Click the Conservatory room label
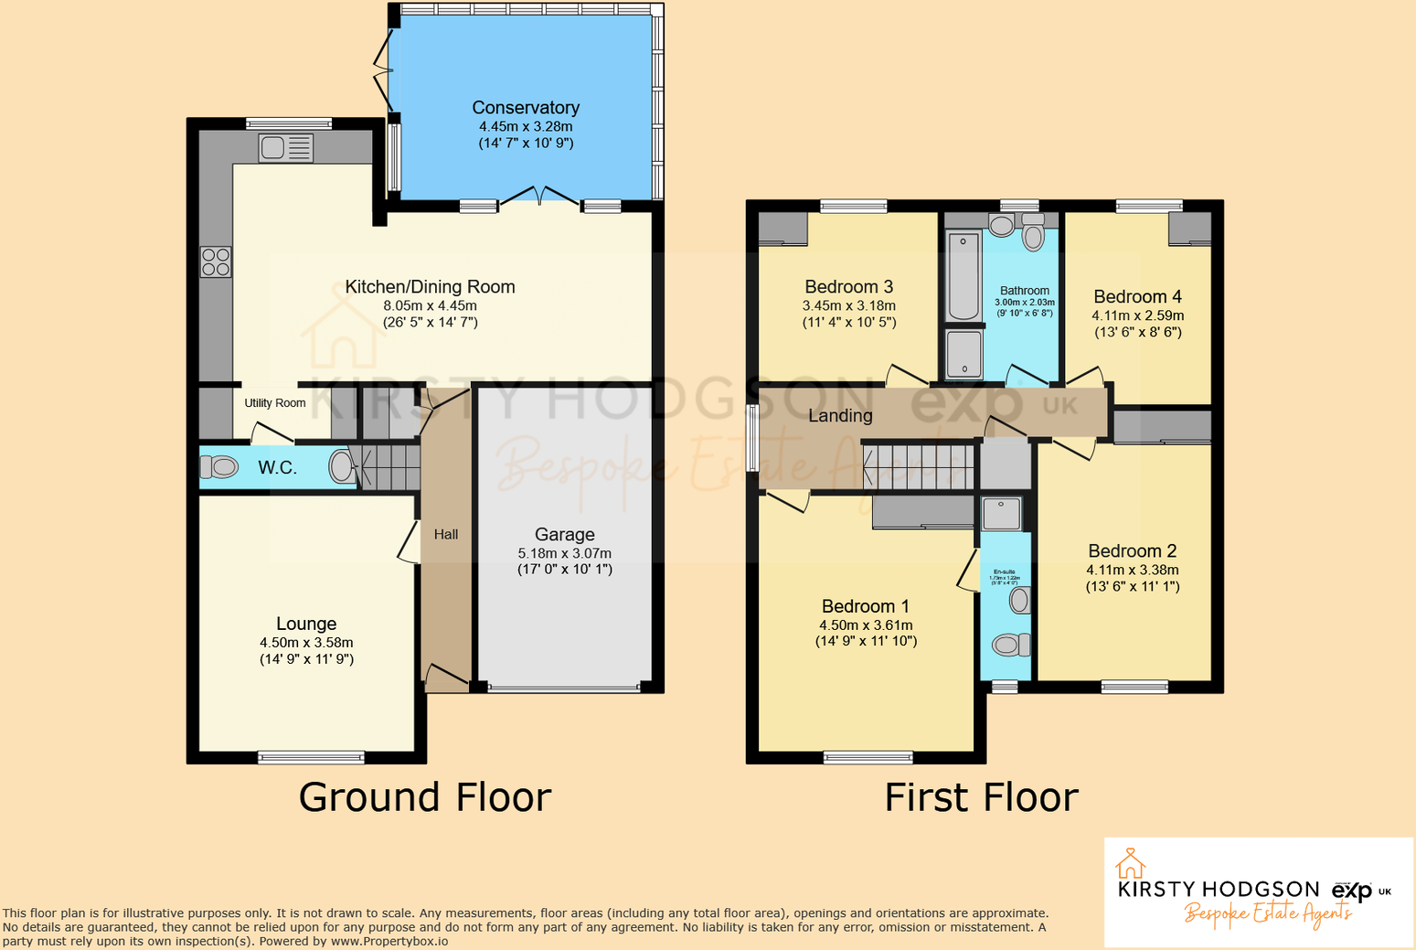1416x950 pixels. (526, 108)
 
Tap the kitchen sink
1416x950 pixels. (285, 148)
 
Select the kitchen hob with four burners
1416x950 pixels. (216, 262)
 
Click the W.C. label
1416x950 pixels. (277, 468)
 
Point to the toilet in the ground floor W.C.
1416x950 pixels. (218, 467)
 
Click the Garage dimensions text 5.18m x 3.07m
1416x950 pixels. (564, 553)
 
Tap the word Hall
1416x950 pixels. (446, 534)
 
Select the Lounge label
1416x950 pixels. (306, 624)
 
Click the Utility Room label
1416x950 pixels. (274, 403)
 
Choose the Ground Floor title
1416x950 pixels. (425, 797)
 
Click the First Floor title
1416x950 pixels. (981, 797)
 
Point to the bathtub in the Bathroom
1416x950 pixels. (963, 277)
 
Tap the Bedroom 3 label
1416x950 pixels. (848, 287)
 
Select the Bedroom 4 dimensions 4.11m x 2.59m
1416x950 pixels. (1137, 315)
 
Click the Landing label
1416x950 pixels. (840, 416)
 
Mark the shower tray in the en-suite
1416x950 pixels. (1001, 514)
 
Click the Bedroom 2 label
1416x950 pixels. (1132, 550)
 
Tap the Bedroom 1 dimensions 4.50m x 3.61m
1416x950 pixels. (866, 625)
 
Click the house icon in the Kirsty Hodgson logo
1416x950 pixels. (1131, 863)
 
